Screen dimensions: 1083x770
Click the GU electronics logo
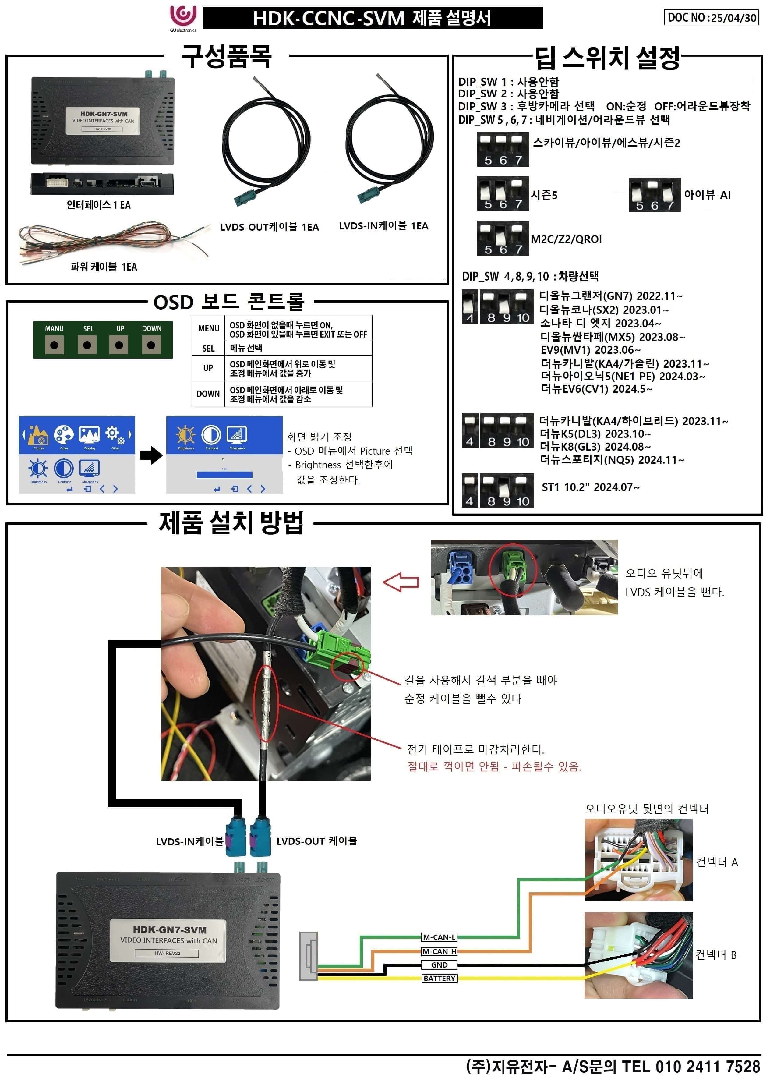point(183,18)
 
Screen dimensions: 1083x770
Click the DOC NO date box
point(710,18)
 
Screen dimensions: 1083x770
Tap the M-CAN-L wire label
point(439,937)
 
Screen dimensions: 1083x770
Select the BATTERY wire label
point(439,978)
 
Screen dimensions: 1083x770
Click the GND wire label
point(439,964)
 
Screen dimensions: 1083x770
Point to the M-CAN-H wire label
point(439,951)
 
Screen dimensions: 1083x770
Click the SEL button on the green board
point(87,345)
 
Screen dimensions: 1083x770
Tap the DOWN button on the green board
point(151,345)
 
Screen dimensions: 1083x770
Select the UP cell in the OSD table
point(208,368)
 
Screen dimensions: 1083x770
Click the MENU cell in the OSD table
point(208,328)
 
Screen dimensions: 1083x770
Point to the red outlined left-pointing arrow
point(401,582)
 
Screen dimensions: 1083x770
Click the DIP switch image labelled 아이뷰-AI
point(654,194)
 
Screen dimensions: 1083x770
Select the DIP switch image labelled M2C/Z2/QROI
point(503,239)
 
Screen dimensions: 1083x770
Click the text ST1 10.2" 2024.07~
point(590,487)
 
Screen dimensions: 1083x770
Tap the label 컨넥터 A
point(716,862)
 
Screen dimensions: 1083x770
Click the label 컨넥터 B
point(715,955)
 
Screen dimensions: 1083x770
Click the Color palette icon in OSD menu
point(64,435)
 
